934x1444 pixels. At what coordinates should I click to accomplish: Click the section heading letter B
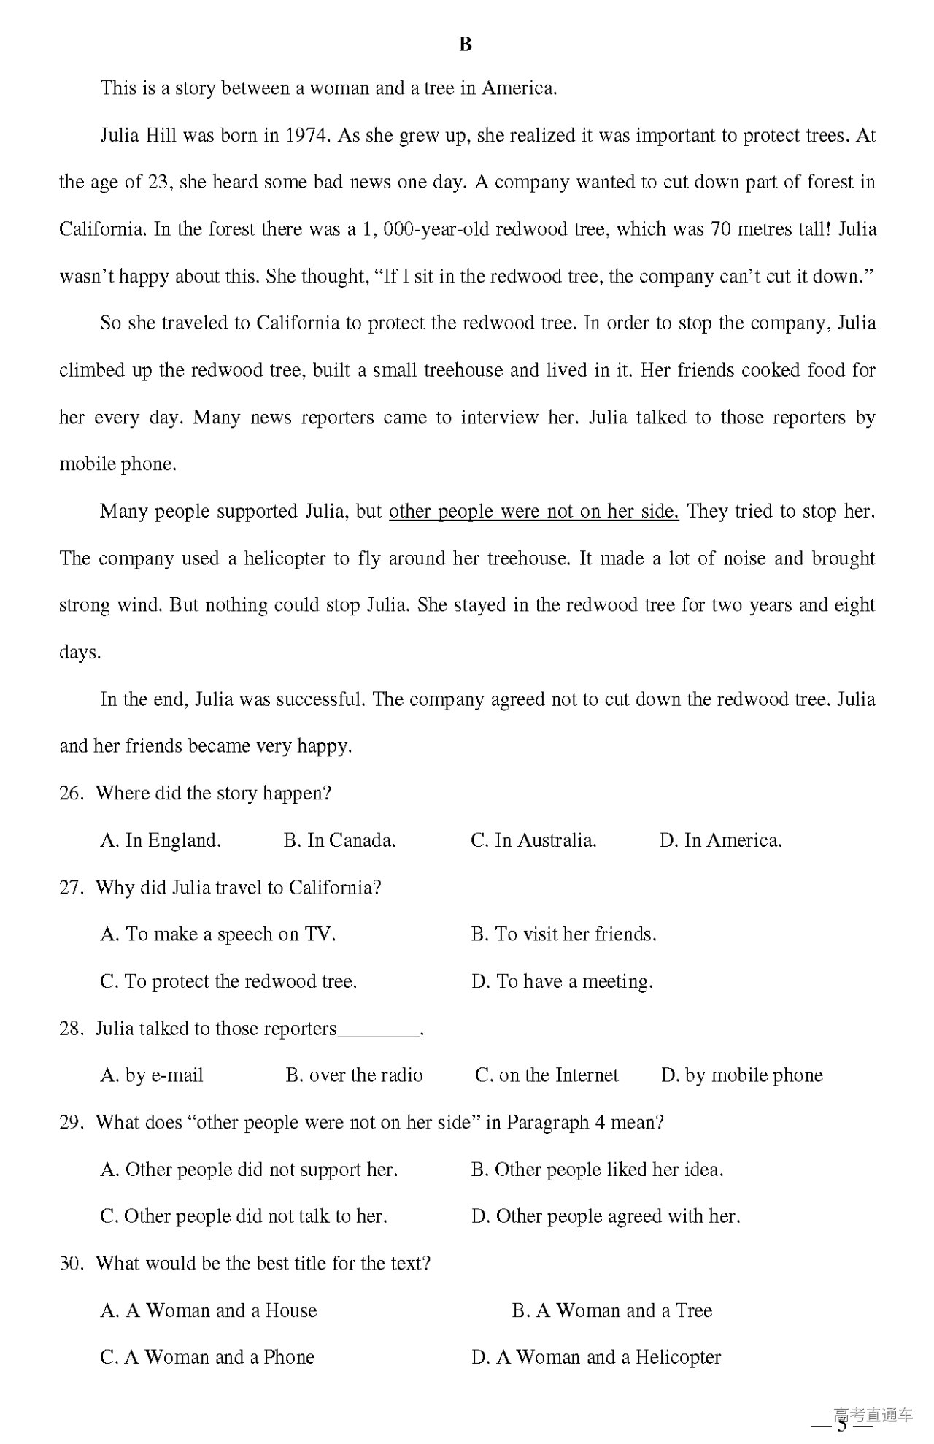pos(466,45)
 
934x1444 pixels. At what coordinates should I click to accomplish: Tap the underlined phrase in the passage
pos(533,512)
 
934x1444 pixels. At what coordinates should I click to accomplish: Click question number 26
pos(72,794)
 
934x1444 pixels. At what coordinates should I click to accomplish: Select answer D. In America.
pos(720,841)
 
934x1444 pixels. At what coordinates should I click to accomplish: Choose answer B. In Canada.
pos(339,841)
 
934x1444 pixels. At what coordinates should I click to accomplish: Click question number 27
pos(72,888)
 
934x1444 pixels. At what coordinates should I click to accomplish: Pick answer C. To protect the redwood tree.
pos(228,982)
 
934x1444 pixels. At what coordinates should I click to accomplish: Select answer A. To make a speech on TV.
pos(217,934)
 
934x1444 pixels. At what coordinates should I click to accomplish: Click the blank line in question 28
pos(379,1031)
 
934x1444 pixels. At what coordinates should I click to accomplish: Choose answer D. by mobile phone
pos(741,1075)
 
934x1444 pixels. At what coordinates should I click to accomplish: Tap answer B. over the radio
pos(354,1075)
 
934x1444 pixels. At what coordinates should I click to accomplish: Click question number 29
pos(72,1123)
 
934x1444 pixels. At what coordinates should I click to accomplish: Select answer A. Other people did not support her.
pos(249,1170)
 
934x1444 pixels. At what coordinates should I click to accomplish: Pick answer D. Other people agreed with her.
pos(606,1217)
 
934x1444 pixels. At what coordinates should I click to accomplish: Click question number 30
pos(72,1264)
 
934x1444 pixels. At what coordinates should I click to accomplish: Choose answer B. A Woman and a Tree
pos(611,1311)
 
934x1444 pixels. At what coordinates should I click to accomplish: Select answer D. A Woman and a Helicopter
pos(595,1358)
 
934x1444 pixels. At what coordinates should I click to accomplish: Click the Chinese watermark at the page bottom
pos(873,1416)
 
